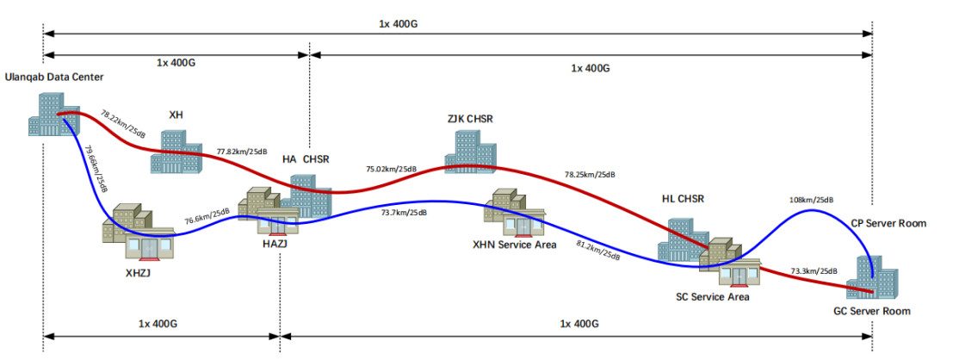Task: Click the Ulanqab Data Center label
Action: point(54,78)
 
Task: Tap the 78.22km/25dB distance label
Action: point(123,124)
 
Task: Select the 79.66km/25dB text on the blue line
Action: point(96,169)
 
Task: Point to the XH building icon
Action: point(176,152)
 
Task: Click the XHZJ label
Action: point(138,273)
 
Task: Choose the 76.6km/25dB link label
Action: point(207,216)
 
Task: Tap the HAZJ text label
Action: point(270,245)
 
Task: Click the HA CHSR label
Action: point(306,159)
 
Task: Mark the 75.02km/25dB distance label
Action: point(391,169)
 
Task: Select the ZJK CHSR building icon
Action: point(469,152)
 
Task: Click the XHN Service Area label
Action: point(515,245)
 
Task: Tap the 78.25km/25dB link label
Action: point(590,175)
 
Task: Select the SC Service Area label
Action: point(713,297)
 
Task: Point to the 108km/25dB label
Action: point(811,200)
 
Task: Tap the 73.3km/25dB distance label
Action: point(814,270)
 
